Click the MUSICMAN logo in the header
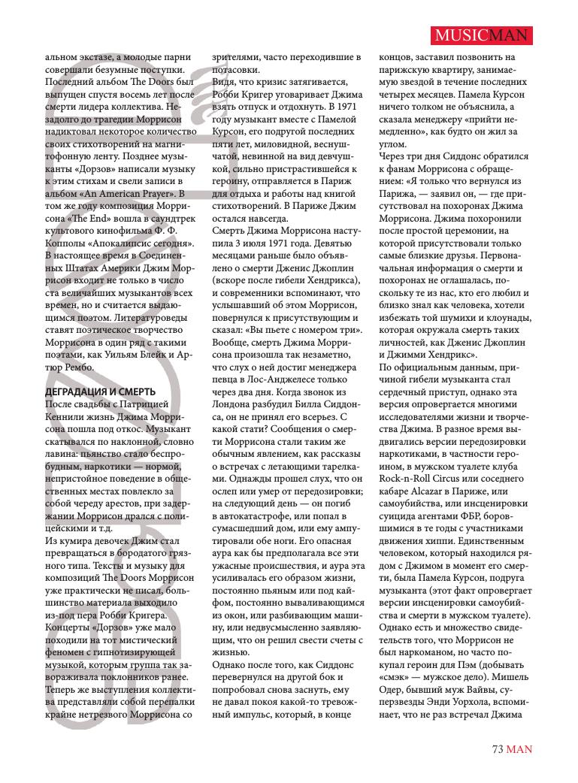point(483,35)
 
